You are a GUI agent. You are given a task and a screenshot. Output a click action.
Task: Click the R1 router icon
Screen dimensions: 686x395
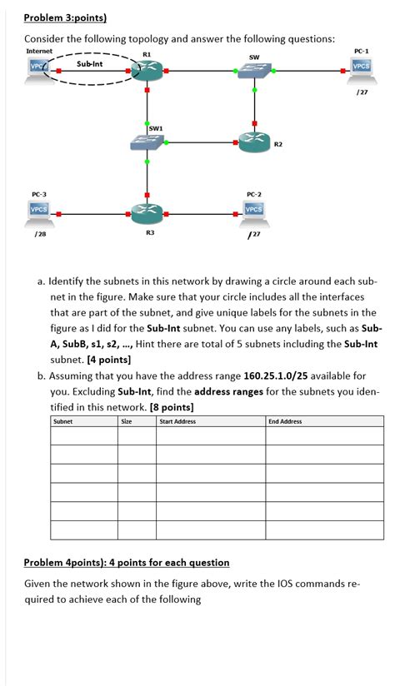pyautogui.click(x=147, y=72)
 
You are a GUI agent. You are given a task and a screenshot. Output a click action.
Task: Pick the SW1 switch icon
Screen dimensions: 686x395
pyautogui.click(x=147, y=142)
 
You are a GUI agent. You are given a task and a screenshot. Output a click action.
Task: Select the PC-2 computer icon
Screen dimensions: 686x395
pyautogui.click(x=254, y=211)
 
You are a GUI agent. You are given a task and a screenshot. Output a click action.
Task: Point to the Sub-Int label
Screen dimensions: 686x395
pyautogui.click(x=89, y=63)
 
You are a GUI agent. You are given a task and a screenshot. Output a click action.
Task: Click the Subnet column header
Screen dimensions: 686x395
pyautogui.click(x=62, y=421)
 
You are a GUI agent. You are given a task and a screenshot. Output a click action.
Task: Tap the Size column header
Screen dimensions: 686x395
pyautogui.click(x=127, y=421)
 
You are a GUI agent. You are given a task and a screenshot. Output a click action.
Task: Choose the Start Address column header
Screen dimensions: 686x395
pyautogui.click(x=178, y=421)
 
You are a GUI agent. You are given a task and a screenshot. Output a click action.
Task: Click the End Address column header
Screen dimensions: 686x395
pyautogui.click(x=285, y=421)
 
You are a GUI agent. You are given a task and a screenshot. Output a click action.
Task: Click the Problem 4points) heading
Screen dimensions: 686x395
pyautogui.click(x=127, y=563)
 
